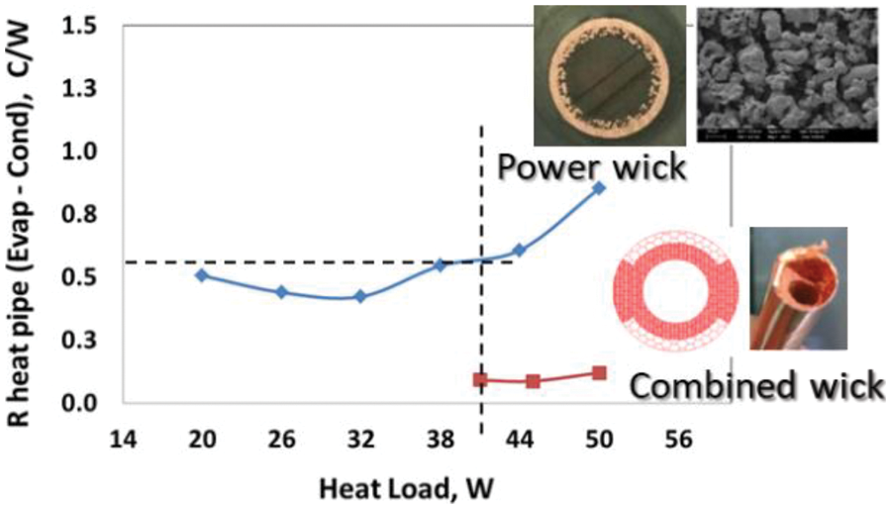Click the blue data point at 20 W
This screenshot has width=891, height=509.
[x=201, y=274]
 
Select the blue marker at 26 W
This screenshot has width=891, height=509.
[x=281, y=292]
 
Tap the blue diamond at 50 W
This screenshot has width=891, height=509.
[x=599, y=187]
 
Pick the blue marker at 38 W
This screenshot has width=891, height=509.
[x=441, y=264]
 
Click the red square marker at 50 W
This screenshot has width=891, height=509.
[x=599, y=372]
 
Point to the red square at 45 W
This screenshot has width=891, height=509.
[x=533, y=381]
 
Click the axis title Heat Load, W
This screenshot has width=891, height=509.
[x=407, y=488]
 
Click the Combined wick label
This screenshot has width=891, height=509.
[x=756, y=385]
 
